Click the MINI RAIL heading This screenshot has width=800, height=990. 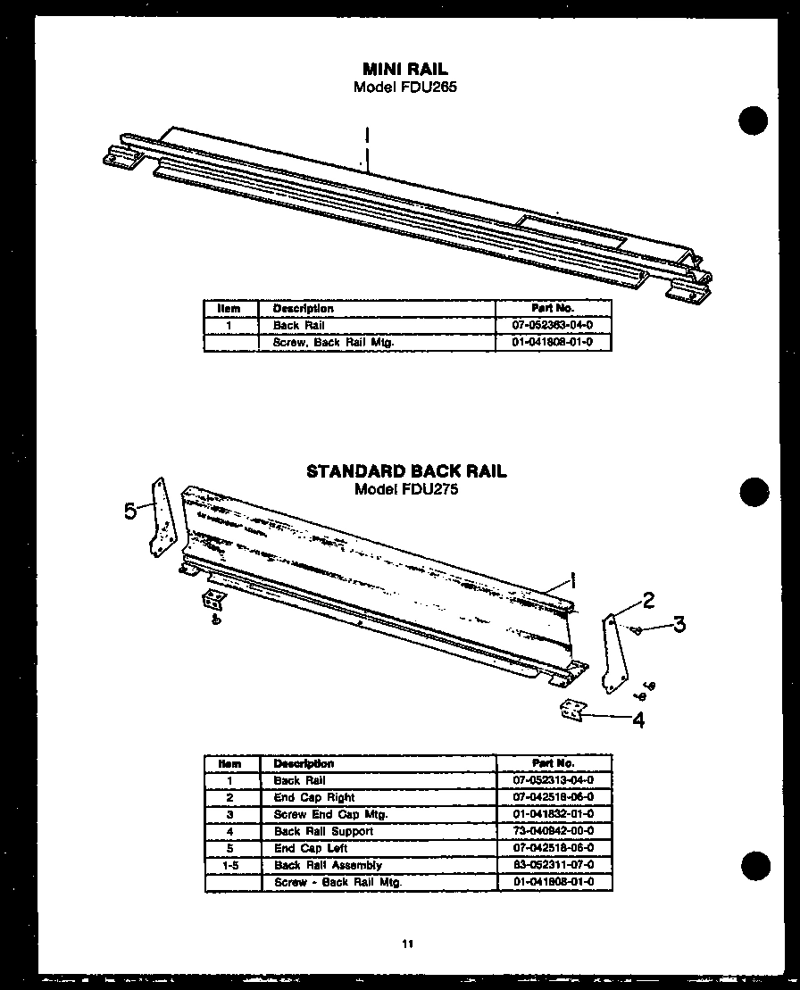tap(404, 69)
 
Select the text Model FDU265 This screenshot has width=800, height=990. tap(404, 87)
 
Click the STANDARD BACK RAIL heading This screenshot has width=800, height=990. tap(406, 471)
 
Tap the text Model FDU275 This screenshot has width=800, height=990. tap(405, 489)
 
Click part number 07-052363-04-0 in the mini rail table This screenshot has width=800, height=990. tap(553, 325)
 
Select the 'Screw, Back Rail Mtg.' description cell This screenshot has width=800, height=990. tap(333, 342)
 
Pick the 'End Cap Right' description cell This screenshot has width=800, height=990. tap(314, 797)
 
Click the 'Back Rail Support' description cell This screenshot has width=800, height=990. tap(323, 831)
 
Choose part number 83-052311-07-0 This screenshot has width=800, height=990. tap(554, 865)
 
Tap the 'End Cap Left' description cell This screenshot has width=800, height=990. tap(311, 848)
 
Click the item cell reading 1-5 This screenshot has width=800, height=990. tap(230, 865)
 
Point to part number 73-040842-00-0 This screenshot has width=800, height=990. tap(554, 831)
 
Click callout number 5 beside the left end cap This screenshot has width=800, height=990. tap(131, 511)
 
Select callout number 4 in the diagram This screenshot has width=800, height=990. tap(637, 720)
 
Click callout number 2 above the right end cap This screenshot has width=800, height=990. tap(649, 600)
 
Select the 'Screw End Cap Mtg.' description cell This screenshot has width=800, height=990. tap(330, 814)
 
